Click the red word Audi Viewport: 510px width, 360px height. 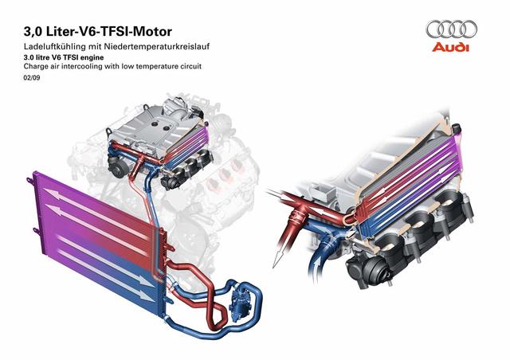451,47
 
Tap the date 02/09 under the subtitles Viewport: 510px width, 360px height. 32,78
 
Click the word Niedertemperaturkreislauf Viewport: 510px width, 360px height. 156,46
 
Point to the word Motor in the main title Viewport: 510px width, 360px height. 153,32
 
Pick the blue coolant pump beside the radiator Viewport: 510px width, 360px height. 240,302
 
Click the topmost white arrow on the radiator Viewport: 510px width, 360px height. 97,213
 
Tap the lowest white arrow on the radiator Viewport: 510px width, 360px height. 108,276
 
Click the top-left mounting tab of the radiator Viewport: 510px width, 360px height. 30,180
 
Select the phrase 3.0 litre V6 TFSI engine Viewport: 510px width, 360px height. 64,57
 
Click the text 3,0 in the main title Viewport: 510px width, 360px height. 33,32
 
